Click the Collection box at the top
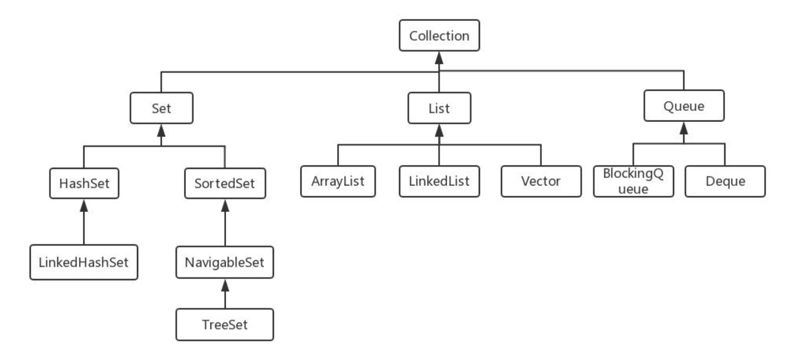[x=439, y=35]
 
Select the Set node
[x=161, y=108]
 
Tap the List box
[x=439, y=108]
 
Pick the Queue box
[x=684, y=105]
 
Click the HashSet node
[x=84, y=183]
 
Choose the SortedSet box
[x=225, y=183]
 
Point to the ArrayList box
[x=338, y=181]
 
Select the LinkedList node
[x=439, y=181]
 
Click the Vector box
[x=541, y=181]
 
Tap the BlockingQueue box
[x=633, y=181]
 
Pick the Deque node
[x=725, y=181]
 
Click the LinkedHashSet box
[x=84, y=262]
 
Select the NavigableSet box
[x=224, y=262]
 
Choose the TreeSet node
[x=224, y=325]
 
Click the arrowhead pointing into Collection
[x=439, y=58]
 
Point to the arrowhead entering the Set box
[x=161, y=131]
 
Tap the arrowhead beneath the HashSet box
[x=84, y=206]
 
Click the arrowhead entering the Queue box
[x=684, y=128]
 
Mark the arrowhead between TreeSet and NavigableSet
[x=225, y=285]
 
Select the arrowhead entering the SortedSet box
[x=225, y=206]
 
